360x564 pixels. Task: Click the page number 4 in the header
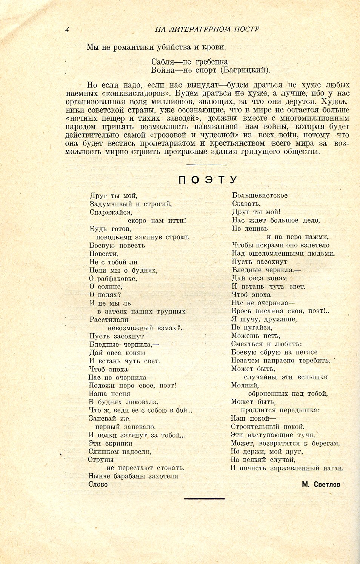pos(67,30)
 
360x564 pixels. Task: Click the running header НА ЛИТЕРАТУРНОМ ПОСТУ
pos(207,29)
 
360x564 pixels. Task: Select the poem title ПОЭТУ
pos(208,180)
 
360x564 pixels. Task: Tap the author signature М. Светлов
pos(321,484)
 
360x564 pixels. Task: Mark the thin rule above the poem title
pos(206,165)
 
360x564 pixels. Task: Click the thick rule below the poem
pos(204,499)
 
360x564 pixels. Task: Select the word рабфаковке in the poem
pos(117,279)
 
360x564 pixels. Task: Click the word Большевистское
pos(260,195)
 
